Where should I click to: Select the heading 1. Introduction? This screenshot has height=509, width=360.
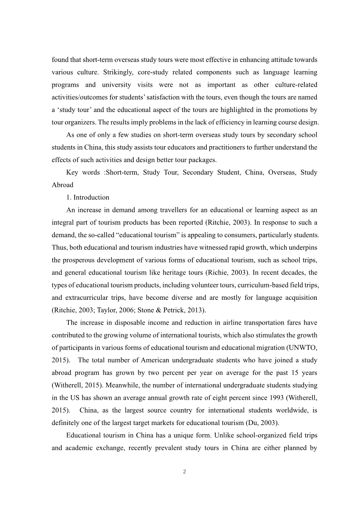coord(88,197)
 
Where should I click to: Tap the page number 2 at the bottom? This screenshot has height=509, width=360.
coord(184,472)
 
